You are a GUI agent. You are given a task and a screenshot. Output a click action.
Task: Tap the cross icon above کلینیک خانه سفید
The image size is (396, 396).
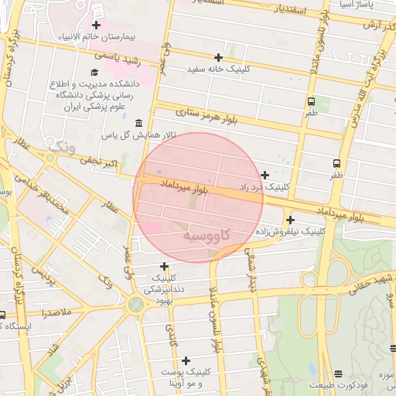pos(219,57)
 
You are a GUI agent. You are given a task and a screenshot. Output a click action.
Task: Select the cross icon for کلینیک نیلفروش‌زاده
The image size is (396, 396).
pos(289,220)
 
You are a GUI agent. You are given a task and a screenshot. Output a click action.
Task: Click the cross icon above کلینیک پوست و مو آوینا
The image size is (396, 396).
pos(186,360)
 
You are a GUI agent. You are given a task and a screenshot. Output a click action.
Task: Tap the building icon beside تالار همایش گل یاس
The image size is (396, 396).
pos(138,124)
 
